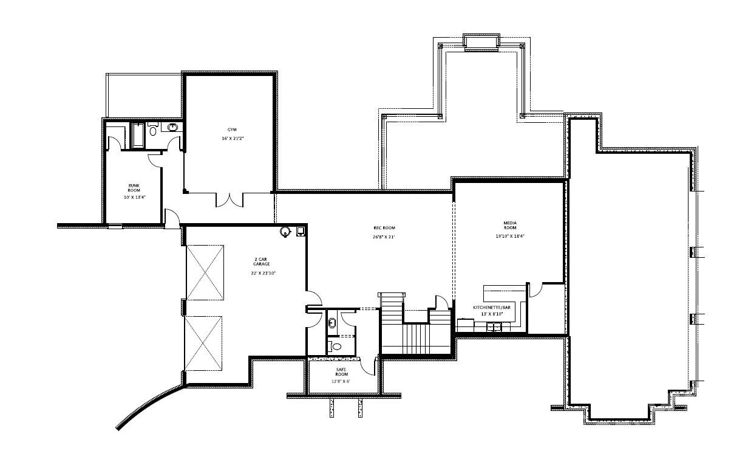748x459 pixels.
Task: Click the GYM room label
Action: tap(232, 130)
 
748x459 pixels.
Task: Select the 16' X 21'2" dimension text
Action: tap(232, 139)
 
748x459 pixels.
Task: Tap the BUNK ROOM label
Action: tap(134, 188)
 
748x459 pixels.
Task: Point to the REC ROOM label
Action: tap(384, 228)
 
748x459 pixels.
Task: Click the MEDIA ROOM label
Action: tap(509, 225)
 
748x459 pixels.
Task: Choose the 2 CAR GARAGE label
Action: tap(260, 262)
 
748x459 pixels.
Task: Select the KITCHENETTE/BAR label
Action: tap(494, 308)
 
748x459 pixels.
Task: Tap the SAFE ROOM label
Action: tap(341, 371)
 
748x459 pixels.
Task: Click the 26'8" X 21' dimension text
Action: tap(384, 236)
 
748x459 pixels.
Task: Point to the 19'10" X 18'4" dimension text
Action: tap(509, 236)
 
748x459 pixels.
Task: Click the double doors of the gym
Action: tap(229, 199)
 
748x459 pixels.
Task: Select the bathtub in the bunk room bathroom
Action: tap(137, 135)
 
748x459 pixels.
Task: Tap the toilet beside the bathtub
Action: tap(153, 130)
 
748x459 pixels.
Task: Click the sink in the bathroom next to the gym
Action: tap(172, 128)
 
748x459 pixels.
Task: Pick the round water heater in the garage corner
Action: tap(285, 232)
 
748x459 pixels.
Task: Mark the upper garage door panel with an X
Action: tap(205, 272)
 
